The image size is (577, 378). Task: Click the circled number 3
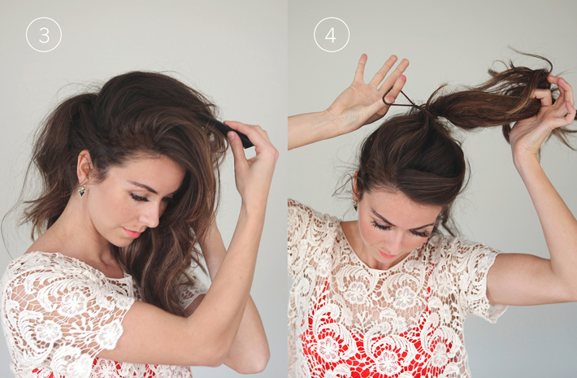tap(43, 34)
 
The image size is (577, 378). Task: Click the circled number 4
tap(332, 34)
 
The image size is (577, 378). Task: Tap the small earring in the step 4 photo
tap(355, 204)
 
